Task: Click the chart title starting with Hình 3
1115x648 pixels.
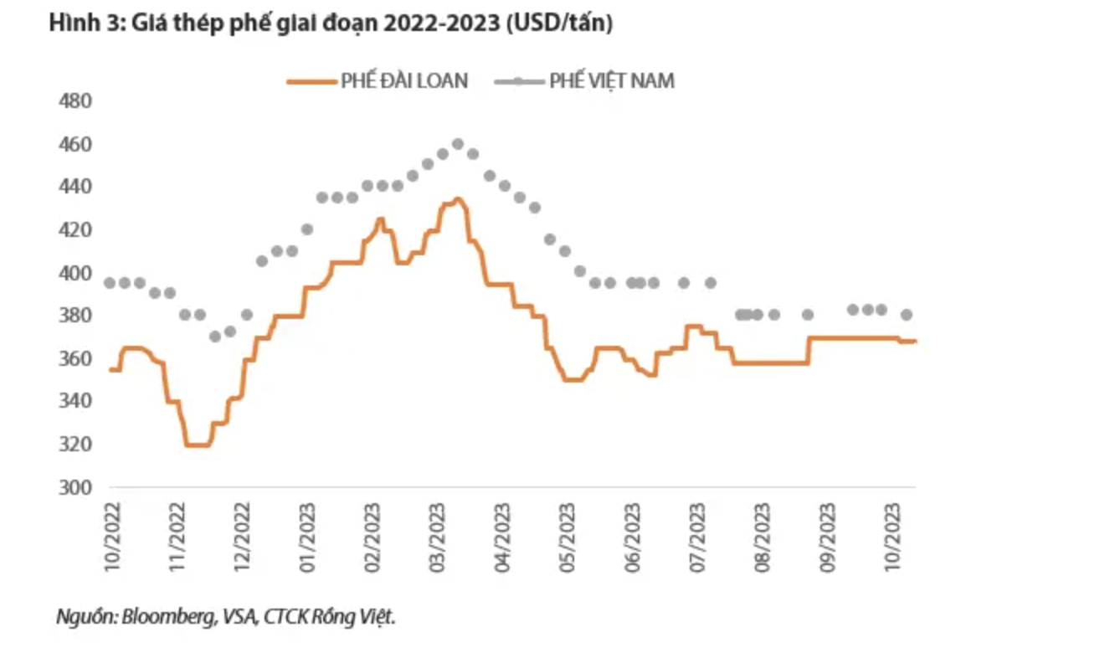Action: click(x=331, y=25)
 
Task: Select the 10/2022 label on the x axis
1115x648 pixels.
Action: click(x=113, y=537)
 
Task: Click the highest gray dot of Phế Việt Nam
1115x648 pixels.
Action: click(x=457, y=144)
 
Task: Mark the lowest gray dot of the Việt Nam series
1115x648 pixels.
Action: click(x=215, y=337)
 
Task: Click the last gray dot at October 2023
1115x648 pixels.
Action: click(x=906, y=315)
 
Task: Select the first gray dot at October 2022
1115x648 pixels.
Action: click(x=110, y=283)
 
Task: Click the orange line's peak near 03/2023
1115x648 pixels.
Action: click(x=457, y=199)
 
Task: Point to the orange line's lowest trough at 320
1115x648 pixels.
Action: click(x=197, y=445)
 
